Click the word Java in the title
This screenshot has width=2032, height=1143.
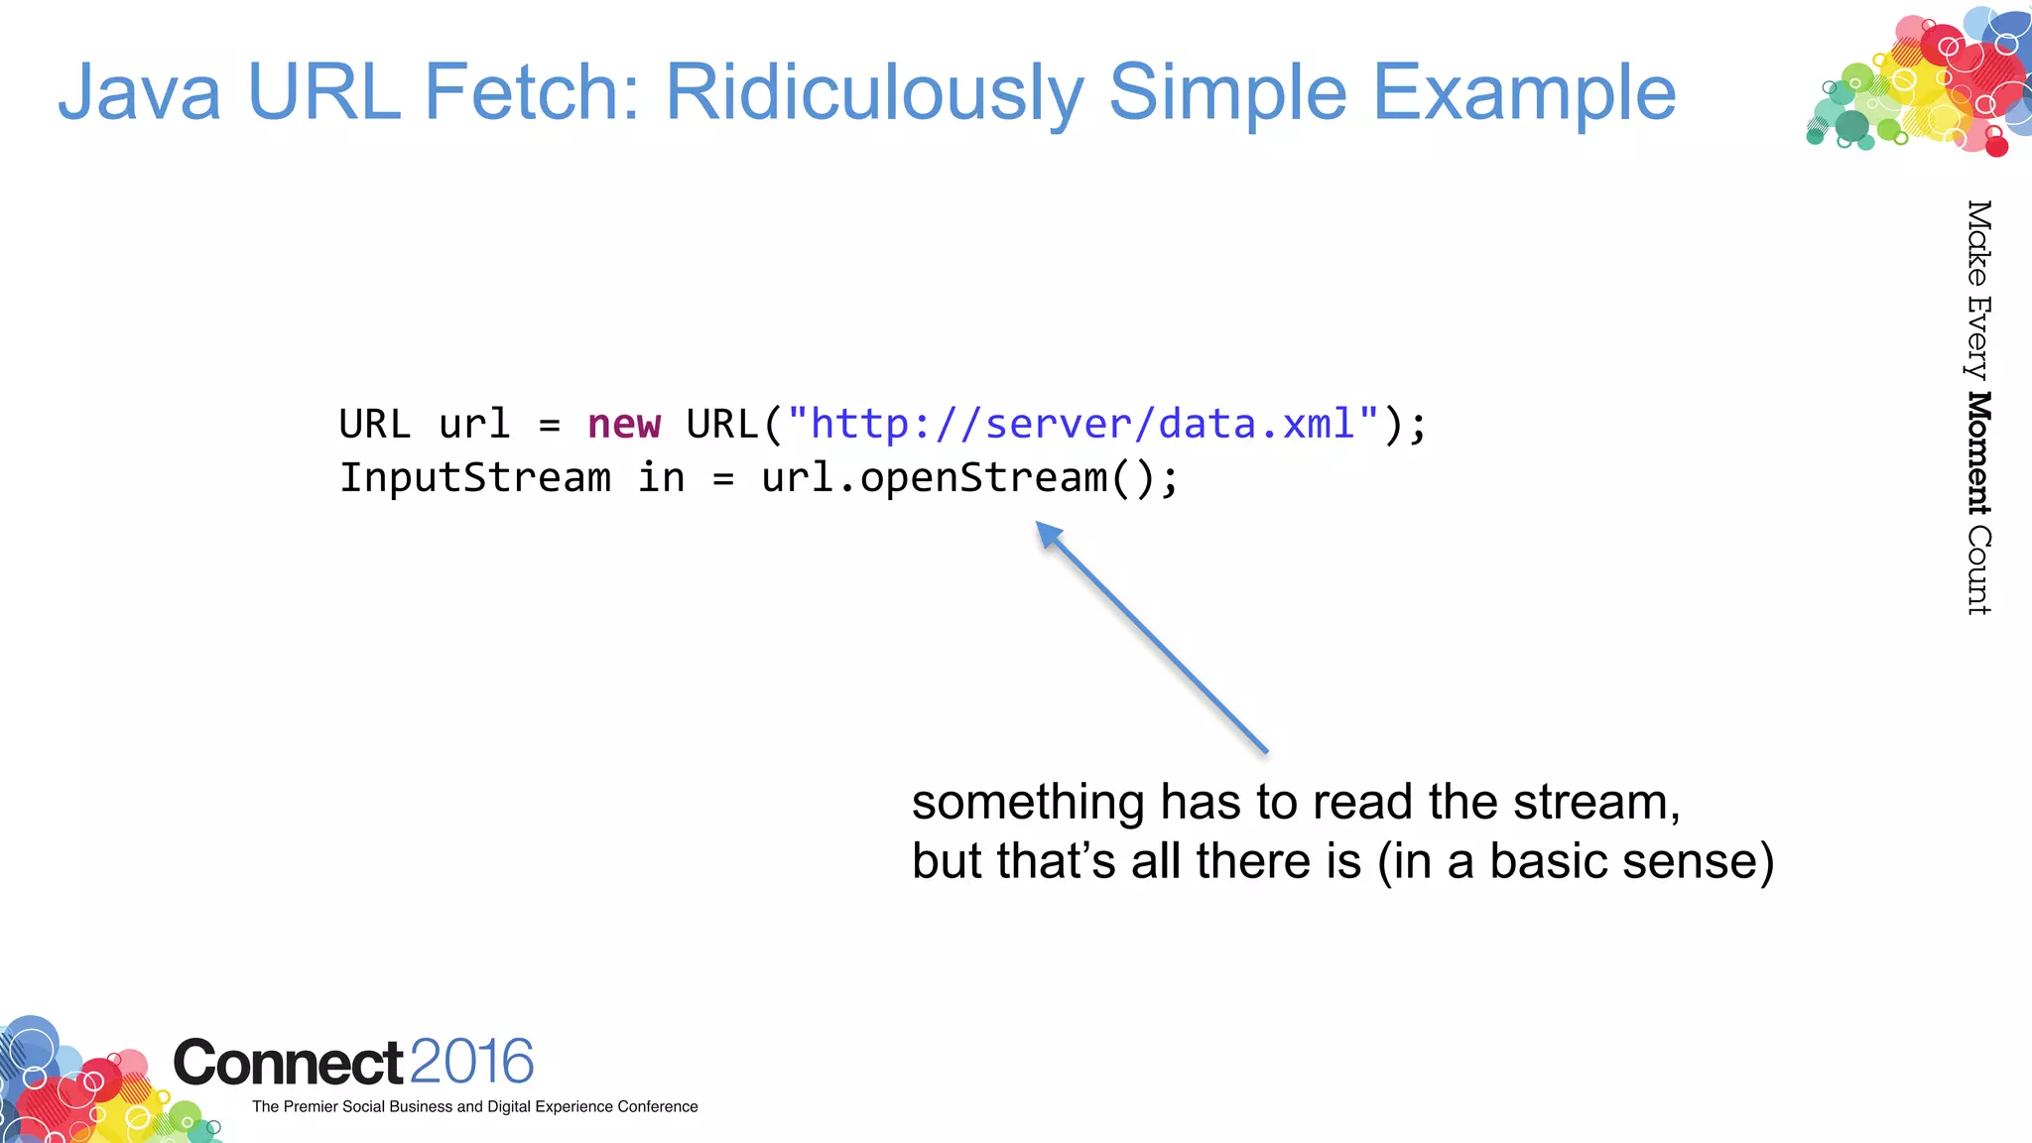coord(139,92)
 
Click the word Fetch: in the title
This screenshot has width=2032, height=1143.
coord(532,92)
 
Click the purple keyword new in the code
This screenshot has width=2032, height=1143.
coord(623,425)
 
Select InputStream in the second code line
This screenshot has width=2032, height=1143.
coord(475,478)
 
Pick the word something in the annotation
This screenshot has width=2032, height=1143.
coord(1028,802)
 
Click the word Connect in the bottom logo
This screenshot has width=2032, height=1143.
coord(288,1063)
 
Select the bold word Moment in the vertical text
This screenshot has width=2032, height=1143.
coord(1978,453)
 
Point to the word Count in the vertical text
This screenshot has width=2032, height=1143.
coord(1978,570)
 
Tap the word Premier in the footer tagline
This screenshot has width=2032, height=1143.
coord(310,1106)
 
